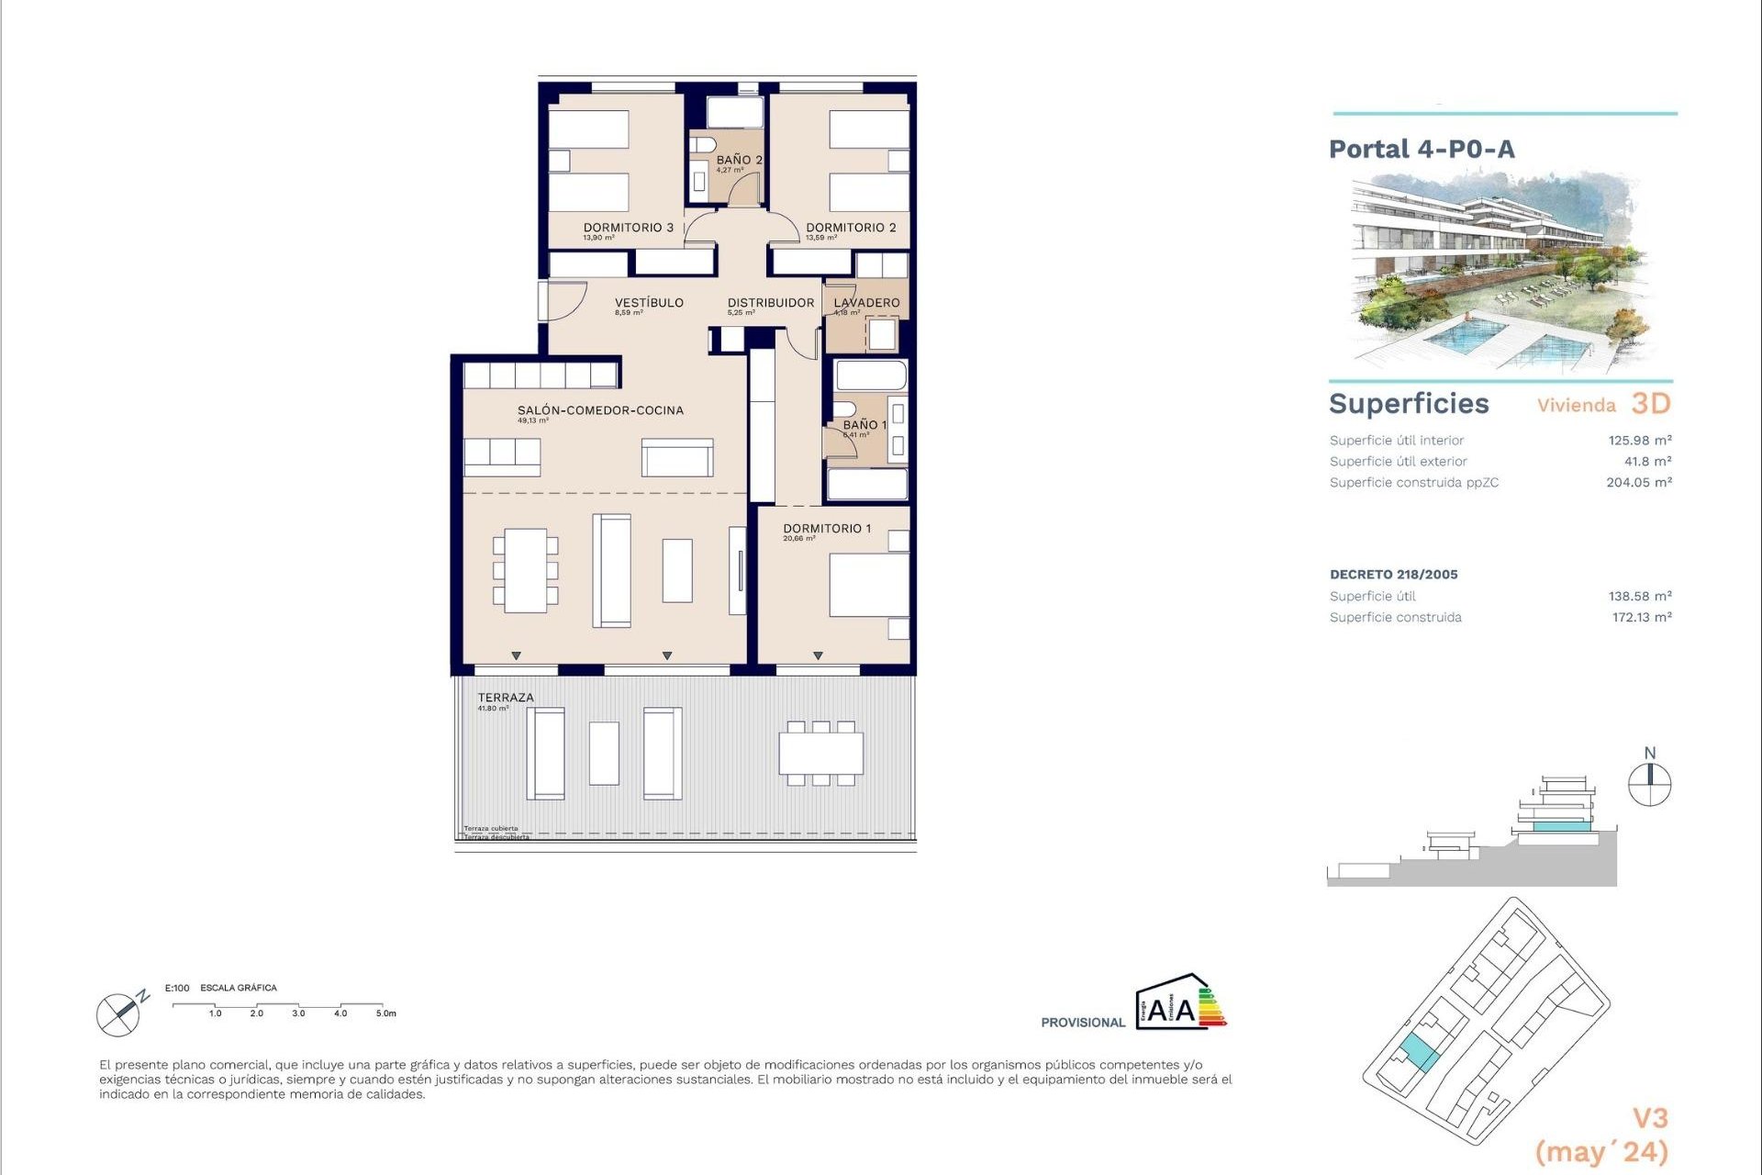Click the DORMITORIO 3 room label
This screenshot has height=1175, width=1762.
(x=629, y=228)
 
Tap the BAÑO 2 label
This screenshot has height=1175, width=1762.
(x=739, y=160)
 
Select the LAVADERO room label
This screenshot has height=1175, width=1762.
(x=866, y=303)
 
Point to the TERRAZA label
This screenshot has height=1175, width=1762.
(x=505, y=698)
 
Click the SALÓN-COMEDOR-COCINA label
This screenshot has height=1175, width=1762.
(x=600, y=410)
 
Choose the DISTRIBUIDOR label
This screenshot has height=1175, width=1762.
(x=771, y=303)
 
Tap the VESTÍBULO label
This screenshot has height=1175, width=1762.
(x=649, y=303)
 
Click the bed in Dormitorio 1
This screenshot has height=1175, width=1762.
(x=868, y=585)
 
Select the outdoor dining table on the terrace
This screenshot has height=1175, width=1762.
(x=821, y=753)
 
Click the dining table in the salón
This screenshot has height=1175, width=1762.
(x=526, y=570)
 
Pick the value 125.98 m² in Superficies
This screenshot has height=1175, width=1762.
(x=1639, y=441)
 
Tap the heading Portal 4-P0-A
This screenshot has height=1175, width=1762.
(x=1422, y=149)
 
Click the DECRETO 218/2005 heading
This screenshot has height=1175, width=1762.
(x=1393, y=575)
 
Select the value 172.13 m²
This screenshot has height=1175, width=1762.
(x=1641, y=618)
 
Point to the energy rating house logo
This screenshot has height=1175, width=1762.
(x=1179, y=1002)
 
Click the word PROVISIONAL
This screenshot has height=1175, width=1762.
(x=1082, y=1023)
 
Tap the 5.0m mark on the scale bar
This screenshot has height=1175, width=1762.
(x=385, y=1013)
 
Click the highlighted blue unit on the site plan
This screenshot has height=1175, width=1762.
(x=1419, y=1053)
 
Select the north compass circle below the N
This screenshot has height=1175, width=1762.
(x=1649, y=786)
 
